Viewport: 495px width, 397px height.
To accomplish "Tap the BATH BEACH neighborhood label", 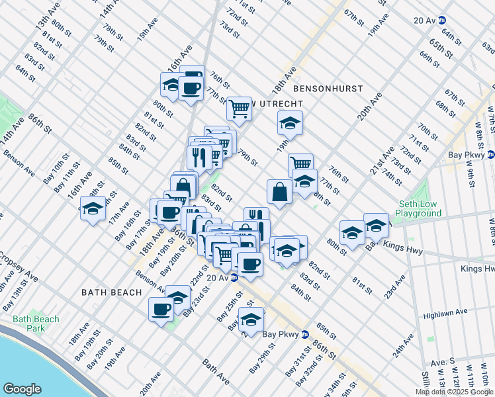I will click(111, 292).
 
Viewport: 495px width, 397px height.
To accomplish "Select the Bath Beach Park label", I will click(36, 324).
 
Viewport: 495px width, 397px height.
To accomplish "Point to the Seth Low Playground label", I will click(418, 209).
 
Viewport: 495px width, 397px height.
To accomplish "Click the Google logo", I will click(22, 389).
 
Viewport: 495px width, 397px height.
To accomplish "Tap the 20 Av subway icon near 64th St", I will click(442, 21).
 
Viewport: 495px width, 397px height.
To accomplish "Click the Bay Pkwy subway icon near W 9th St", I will click(490, 155).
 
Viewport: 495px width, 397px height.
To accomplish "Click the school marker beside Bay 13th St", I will click(93, 208).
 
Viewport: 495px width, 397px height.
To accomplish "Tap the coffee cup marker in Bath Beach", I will click(160, 309).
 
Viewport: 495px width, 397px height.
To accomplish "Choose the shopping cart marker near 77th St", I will click(238, 107).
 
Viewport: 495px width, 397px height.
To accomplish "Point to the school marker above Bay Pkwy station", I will click(251, 320).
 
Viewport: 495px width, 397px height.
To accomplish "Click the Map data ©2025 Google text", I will click(453, 392).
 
